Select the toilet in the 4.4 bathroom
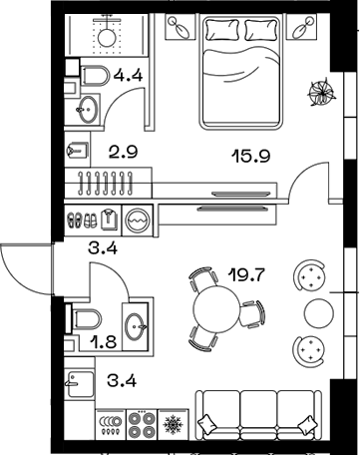point(93,76)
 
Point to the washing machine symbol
point(138,219)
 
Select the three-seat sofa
point(259,414)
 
